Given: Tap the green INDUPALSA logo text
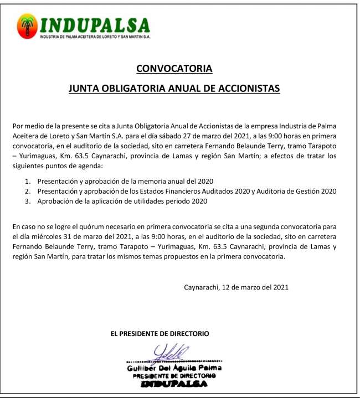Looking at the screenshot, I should pyautogui.click(x=95, y=25).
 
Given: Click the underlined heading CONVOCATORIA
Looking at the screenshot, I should pyautogui.click(x=174, y=69).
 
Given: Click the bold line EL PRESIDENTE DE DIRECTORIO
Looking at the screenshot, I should pyautogui.click(x=160, y=334).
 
